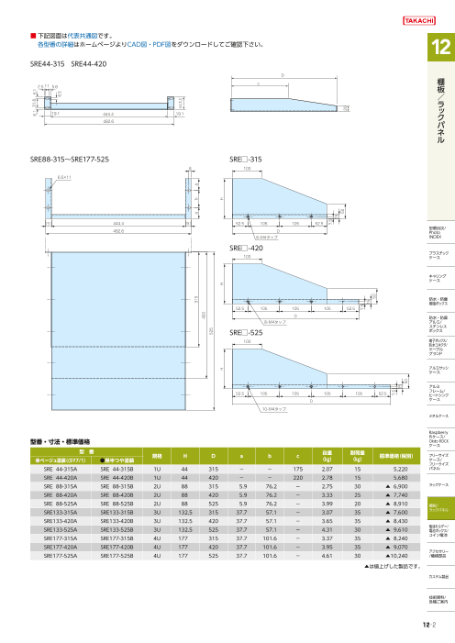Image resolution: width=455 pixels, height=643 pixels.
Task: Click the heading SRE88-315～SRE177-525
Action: [70, 158]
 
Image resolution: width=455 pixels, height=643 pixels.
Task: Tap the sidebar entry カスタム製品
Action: [436, 576]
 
